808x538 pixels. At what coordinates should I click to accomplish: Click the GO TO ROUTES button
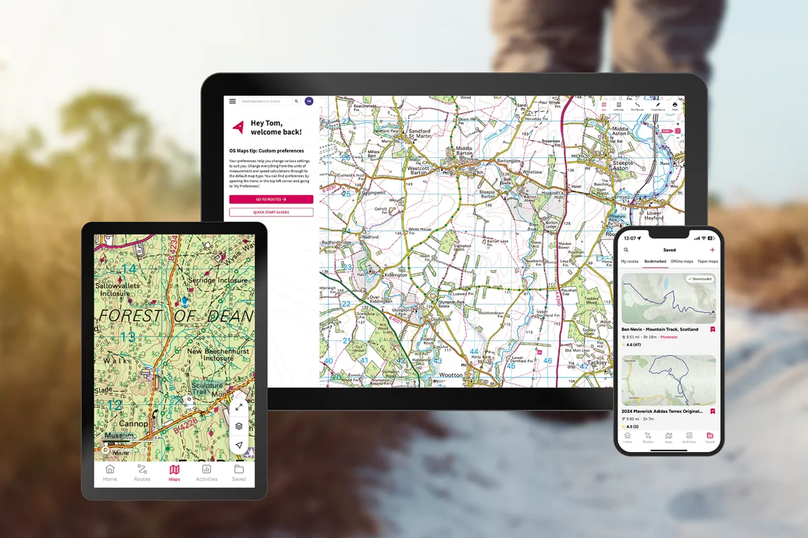(271, 199)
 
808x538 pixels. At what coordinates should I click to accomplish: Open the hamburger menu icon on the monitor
(232, 102)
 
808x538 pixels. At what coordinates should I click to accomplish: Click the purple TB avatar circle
(309, 102)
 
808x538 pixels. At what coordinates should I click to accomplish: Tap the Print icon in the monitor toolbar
(675, 105)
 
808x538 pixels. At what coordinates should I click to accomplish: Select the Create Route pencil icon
(657, 105)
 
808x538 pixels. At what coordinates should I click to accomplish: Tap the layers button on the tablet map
(239, 426)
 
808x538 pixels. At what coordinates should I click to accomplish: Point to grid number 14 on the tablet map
(128, 269)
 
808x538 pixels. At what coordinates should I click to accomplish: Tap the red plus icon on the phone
(712, 249)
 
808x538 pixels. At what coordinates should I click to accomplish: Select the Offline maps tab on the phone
(682, 261)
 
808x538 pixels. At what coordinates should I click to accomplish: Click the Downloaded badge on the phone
(700, 278)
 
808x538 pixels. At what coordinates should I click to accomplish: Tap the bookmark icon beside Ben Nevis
(712, 330)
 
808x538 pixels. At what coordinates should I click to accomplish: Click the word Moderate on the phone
(669, 337)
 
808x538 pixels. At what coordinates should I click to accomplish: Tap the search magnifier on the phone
(626, 249)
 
